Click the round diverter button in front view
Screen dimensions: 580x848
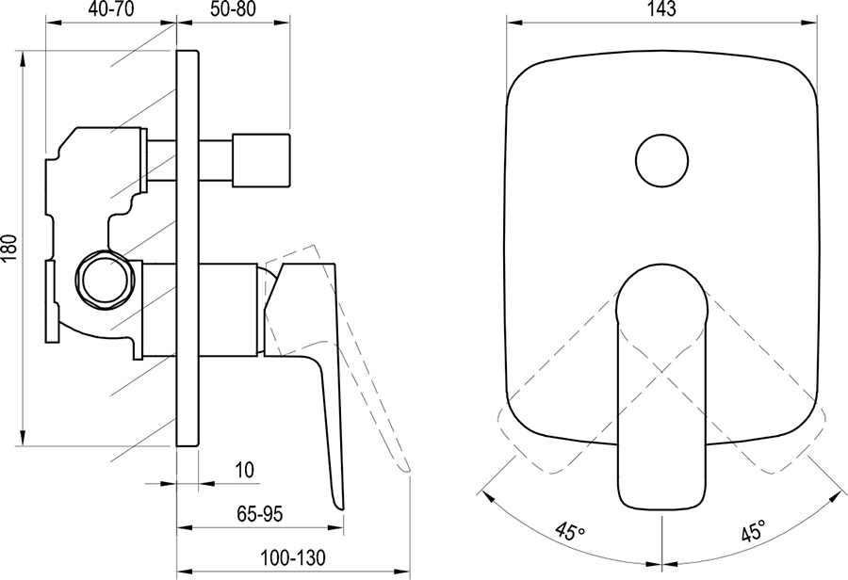pyautogui.click(x=662, y=158)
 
